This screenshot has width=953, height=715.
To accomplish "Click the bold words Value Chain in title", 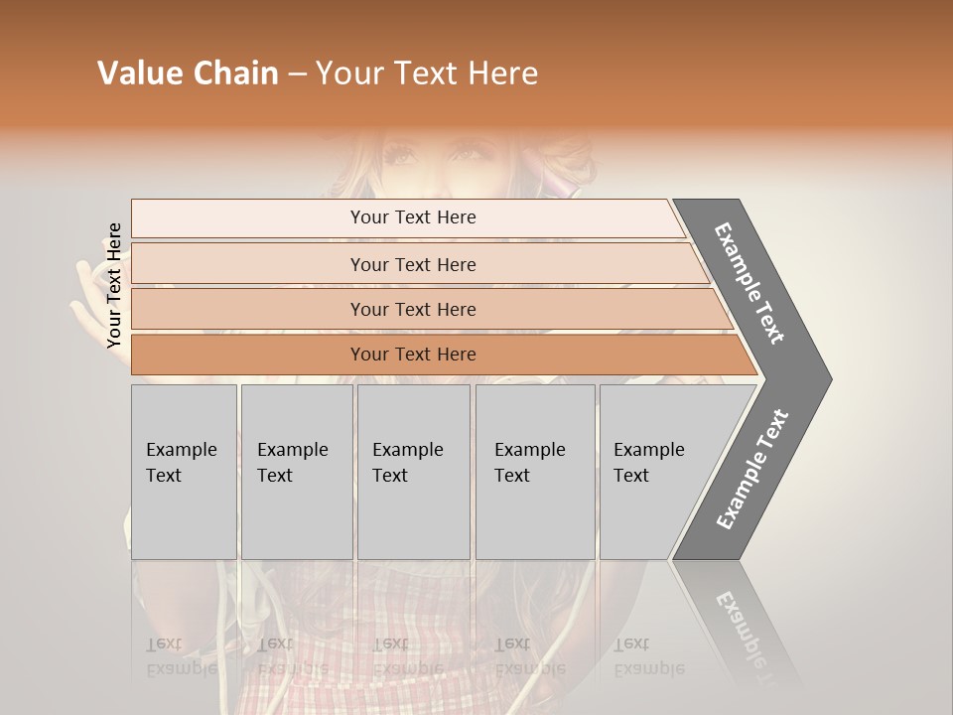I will click(x=188, y=73).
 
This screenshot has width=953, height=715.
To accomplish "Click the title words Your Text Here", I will click(x=427, y=73).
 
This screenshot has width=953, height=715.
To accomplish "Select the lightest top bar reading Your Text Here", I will click(x=413, y=217).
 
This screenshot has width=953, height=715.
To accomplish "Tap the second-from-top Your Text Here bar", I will click(x=413, y=264).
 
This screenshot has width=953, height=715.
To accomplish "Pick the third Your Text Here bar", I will click(x=413, y=309).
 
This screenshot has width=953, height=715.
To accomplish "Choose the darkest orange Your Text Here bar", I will click(x=413, y=355).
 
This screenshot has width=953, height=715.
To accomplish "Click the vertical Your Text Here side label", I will click(x=114, y=286).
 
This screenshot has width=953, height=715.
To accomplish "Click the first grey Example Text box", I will click(x=184, y=472).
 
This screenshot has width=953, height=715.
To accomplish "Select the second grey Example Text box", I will click(x=296, y=472).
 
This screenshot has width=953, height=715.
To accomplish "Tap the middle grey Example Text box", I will click(x=413, y=472).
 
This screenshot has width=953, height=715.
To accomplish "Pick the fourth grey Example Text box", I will click(x=534, y=472).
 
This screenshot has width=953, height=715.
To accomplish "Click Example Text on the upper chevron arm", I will click(x=750, y=283).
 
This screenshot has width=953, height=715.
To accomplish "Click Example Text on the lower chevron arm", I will click(x=752, y=470).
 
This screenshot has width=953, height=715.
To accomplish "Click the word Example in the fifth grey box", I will click(x=649, y=450).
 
